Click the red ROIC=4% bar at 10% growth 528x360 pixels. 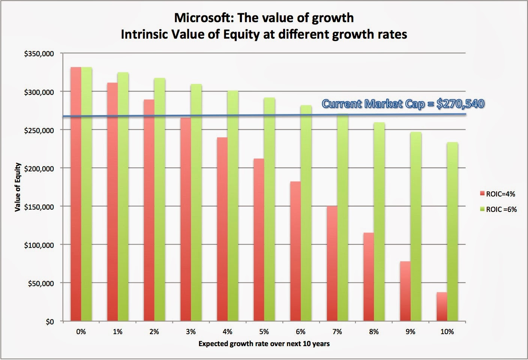[x=442, y=307]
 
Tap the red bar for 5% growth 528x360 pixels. [x=258, y=240]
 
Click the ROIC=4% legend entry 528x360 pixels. [x=497, y=194]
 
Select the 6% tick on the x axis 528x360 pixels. [x=300, y=332]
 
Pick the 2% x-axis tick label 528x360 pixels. [x=154, y=332]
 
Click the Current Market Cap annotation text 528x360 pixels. [x=402, y=104]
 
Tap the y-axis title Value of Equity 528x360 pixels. [x=18, y=187]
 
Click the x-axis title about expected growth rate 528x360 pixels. [x=264, y=343]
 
